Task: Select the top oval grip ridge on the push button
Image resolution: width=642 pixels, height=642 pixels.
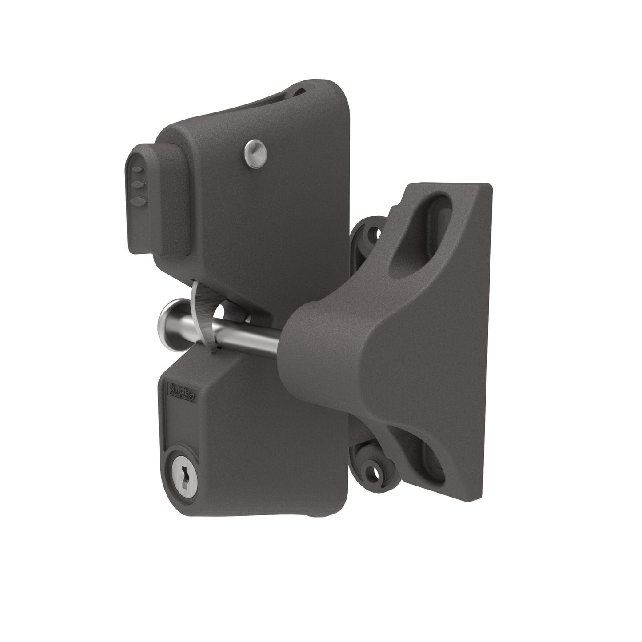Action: pos(138,170)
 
